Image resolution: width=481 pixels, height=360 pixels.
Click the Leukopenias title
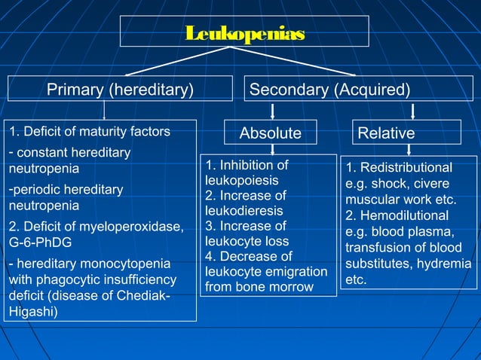tap(245, 34)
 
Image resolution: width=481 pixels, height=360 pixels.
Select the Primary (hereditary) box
tap(121, 90)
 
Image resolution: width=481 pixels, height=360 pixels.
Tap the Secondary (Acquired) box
tap(329, 90)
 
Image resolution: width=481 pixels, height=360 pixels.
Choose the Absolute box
tap(270, 133)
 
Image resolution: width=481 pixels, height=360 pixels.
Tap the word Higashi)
tap(32, 310)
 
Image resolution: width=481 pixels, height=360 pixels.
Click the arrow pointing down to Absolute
tap(272, 111)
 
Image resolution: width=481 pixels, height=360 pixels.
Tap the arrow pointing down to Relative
tap(413, 111)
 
